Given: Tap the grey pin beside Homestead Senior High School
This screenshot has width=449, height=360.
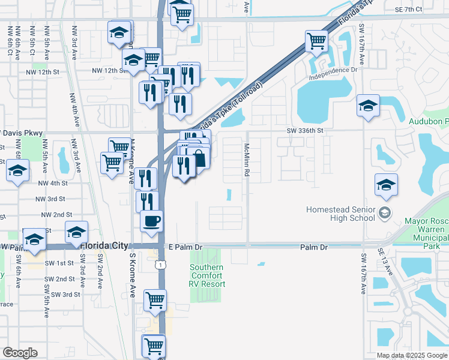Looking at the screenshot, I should [385, 213].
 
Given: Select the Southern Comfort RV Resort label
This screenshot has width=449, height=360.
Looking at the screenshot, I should [207, 275].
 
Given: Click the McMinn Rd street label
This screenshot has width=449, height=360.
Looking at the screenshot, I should [247, 160].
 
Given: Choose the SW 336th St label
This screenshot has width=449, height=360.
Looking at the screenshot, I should [305, 130].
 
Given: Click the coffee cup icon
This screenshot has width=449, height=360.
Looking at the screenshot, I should [151, 220].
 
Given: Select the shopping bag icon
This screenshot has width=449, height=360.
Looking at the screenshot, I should [199, 159].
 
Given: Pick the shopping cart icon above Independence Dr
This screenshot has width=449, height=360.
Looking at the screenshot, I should [316, 41].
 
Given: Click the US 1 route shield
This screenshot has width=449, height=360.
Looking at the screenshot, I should [159, 264].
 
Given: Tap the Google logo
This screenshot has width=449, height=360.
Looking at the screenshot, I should [20, 353].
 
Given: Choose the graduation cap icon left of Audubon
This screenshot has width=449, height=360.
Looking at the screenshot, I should [368, 106].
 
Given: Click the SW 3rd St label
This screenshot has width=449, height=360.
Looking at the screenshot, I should [65, 295].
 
